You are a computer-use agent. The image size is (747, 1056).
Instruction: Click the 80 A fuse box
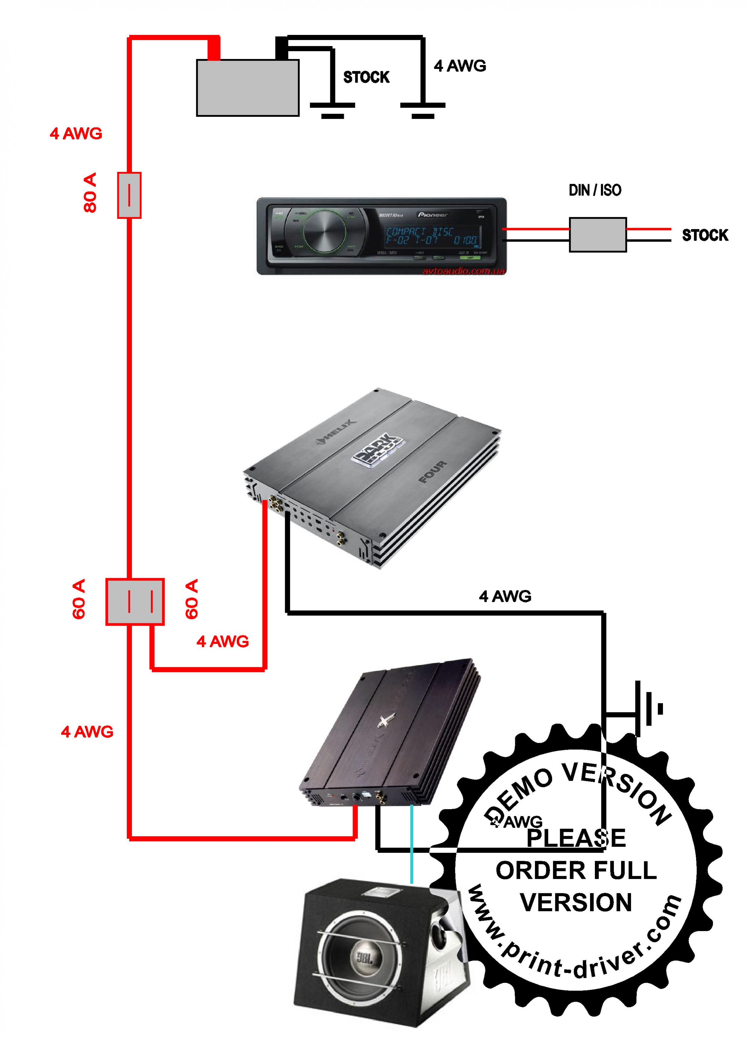click(x=129, y=195)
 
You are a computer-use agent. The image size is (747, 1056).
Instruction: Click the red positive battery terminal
click(x=214, y=48)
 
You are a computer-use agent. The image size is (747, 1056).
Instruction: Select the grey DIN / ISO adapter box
click(x=598, y=235)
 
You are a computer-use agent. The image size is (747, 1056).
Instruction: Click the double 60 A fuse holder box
click(x=135, y=602)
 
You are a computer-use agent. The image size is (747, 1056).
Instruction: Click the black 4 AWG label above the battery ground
click(x=459, y=66)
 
